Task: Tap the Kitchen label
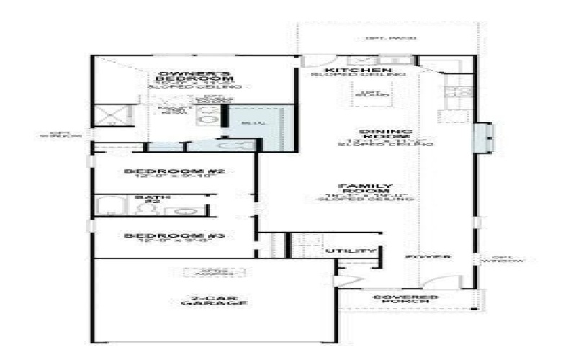click(x=357, y=69)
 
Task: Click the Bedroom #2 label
click(x=169, y=171)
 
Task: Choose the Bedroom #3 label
click(x=166, y=235)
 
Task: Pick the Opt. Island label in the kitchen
click(x=370, y=94)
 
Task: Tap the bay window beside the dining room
click(x=482, y=138)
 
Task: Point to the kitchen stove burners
click(x=454, y=91)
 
